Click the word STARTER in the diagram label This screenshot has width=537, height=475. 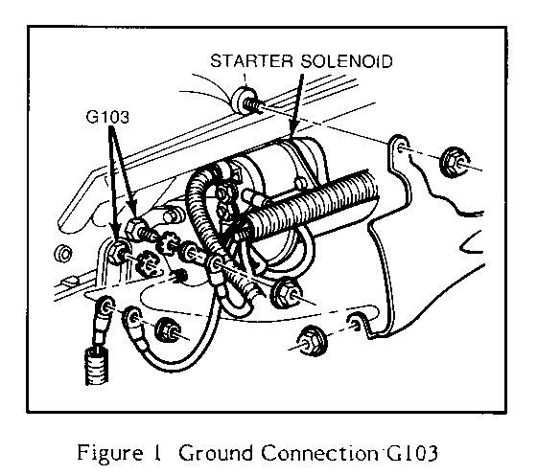pyautogui.click(x=251, y=61)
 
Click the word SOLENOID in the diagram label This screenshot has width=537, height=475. pyautogui.click(x=346, y=61)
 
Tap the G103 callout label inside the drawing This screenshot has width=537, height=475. pyautogui.click(x=107, y=117)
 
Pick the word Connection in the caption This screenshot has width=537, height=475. pyautogui.click(x=320, y=453)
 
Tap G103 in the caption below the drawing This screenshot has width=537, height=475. pyautogui.click(x=412, y=453)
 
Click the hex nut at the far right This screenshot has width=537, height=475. pyautogui.click(x=455, y=162)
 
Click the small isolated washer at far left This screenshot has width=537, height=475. pyautogui.click(x=63, y=254)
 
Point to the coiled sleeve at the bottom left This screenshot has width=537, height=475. pyautogui.click(x=97, y=366)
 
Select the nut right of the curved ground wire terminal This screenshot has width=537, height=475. pyautogui.click(x=167, y=329)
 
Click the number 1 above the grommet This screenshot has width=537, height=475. pyautogui.click(x=245, y=79)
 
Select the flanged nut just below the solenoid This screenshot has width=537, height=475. pyautogui.click(x=287, y=292)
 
